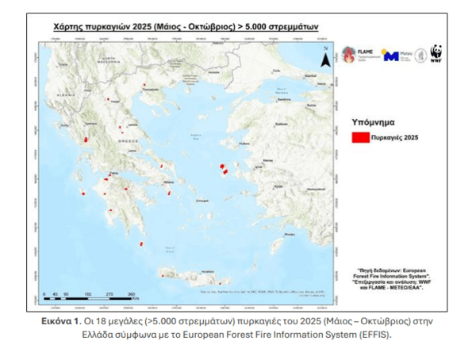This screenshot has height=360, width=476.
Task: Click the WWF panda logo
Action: pyautogui.click(x=436, y=54)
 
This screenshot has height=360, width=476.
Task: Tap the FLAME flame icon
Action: pyautogui.click(x=348, y=54)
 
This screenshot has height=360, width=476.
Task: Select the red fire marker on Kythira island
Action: pyautogui.click(x=142, y=244)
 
